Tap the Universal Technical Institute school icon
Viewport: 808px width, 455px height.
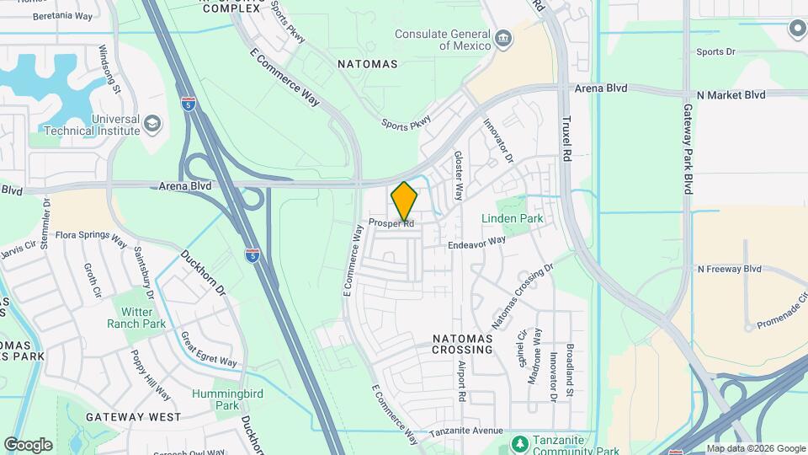pyautogui.click(x=151, y=125)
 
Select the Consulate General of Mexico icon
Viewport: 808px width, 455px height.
pyautogui.click(x=502, y=38)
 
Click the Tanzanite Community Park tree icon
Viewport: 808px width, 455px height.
pyautogui.click(x=520, y=442)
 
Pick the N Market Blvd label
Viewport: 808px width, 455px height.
pyautogui.click(x=731, y=95)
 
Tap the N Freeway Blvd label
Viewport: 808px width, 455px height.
pyautogui.click(x=729, y=269)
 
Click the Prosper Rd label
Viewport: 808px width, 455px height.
pyautogui.click(x=391, y=223)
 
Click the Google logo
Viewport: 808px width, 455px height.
pyautogui.click(x=28, y=444)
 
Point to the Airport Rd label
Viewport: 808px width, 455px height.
pyautogui.click(x=462, y=382)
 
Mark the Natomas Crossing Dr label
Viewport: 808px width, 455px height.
pyautogui.click(x=522, y=297)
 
